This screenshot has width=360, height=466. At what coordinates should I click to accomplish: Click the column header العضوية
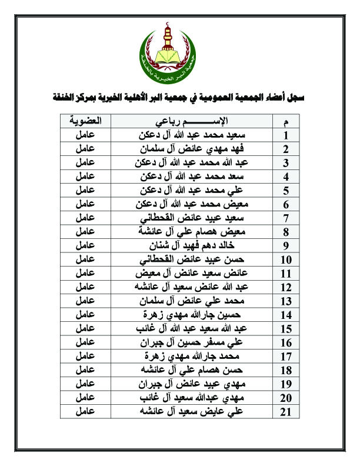pyautogui.click(x=86, y=121)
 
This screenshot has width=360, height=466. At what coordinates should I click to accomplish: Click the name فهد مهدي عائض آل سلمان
pyautogui.click(x=194, y=149)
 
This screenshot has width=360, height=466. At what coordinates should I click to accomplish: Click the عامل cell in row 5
pyautogui.click(x=86, y=190)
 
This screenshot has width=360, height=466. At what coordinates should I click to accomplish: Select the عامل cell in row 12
pyautogui.click(x=86, y=287)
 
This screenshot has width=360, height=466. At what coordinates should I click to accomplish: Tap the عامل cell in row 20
pyautogui.click(x=86, y=398)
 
